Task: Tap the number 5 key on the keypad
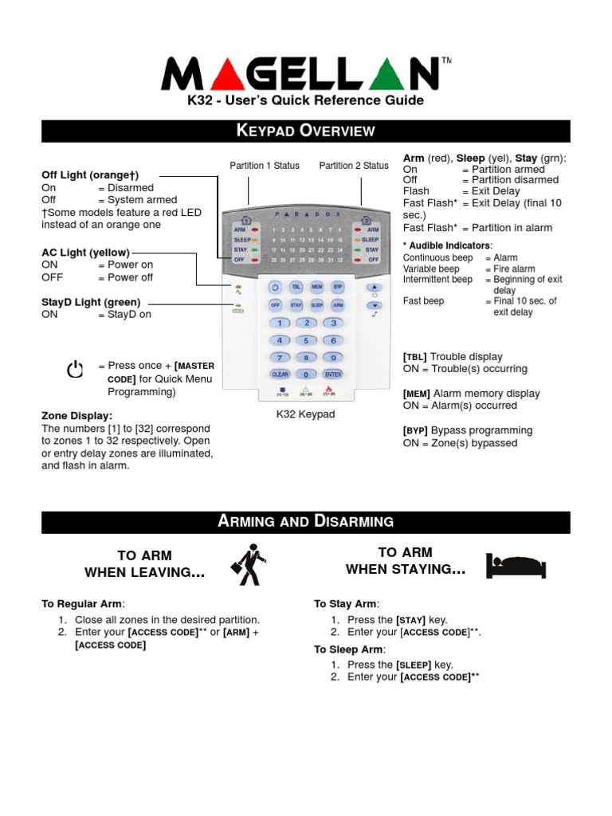coord(306,340)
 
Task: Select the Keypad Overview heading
coord(306,131)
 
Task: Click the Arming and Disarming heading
coord(306,522)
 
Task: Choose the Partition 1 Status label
coord(265,166)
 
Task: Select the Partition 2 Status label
coord(354,166)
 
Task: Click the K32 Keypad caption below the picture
coord(305,414)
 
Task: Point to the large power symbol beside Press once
coord(76,371)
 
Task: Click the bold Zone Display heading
coord(76,416)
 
